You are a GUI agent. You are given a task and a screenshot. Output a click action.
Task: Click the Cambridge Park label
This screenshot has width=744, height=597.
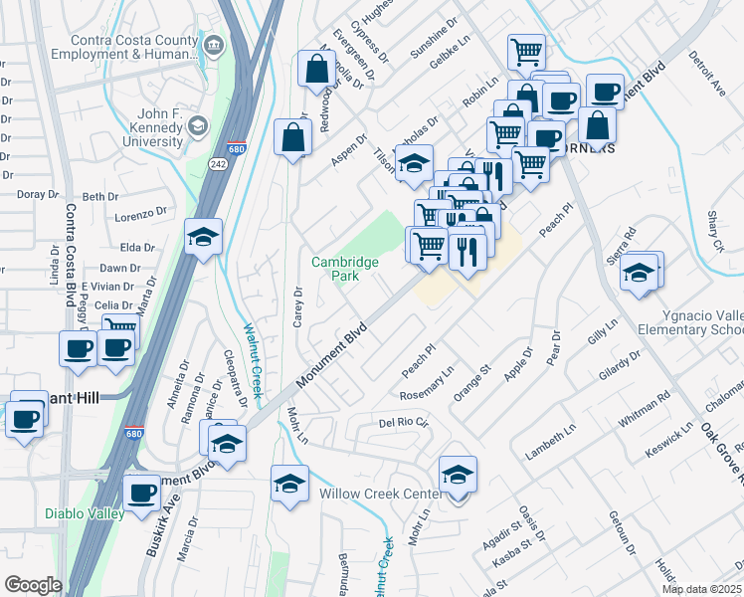coord(344,269)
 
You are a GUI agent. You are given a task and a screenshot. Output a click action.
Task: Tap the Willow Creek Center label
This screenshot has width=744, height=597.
coord(381,494)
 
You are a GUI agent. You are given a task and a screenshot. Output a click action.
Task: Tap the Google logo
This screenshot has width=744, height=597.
coord(33,585)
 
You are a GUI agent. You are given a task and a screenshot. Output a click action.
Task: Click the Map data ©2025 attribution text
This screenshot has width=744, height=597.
coord(702,589)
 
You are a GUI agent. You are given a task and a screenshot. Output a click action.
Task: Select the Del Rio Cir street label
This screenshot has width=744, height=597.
coord(403,422)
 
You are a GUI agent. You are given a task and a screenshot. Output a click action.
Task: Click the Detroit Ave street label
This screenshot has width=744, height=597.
coord(707,72)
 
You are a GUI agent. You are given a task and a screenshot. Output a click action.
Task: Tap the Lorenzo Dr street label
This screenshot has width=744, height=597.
coord(140,214)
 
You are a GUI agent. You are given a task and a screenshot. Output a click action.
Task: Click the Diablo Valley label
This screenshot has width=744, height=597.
coord(85,513)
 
